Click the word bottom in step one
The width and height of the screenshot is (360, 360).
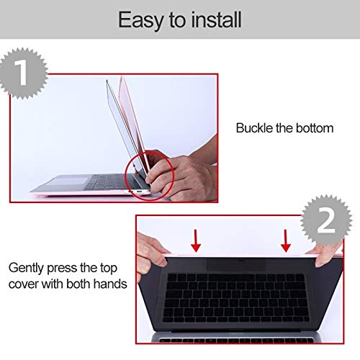click(x=314, y=129)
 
